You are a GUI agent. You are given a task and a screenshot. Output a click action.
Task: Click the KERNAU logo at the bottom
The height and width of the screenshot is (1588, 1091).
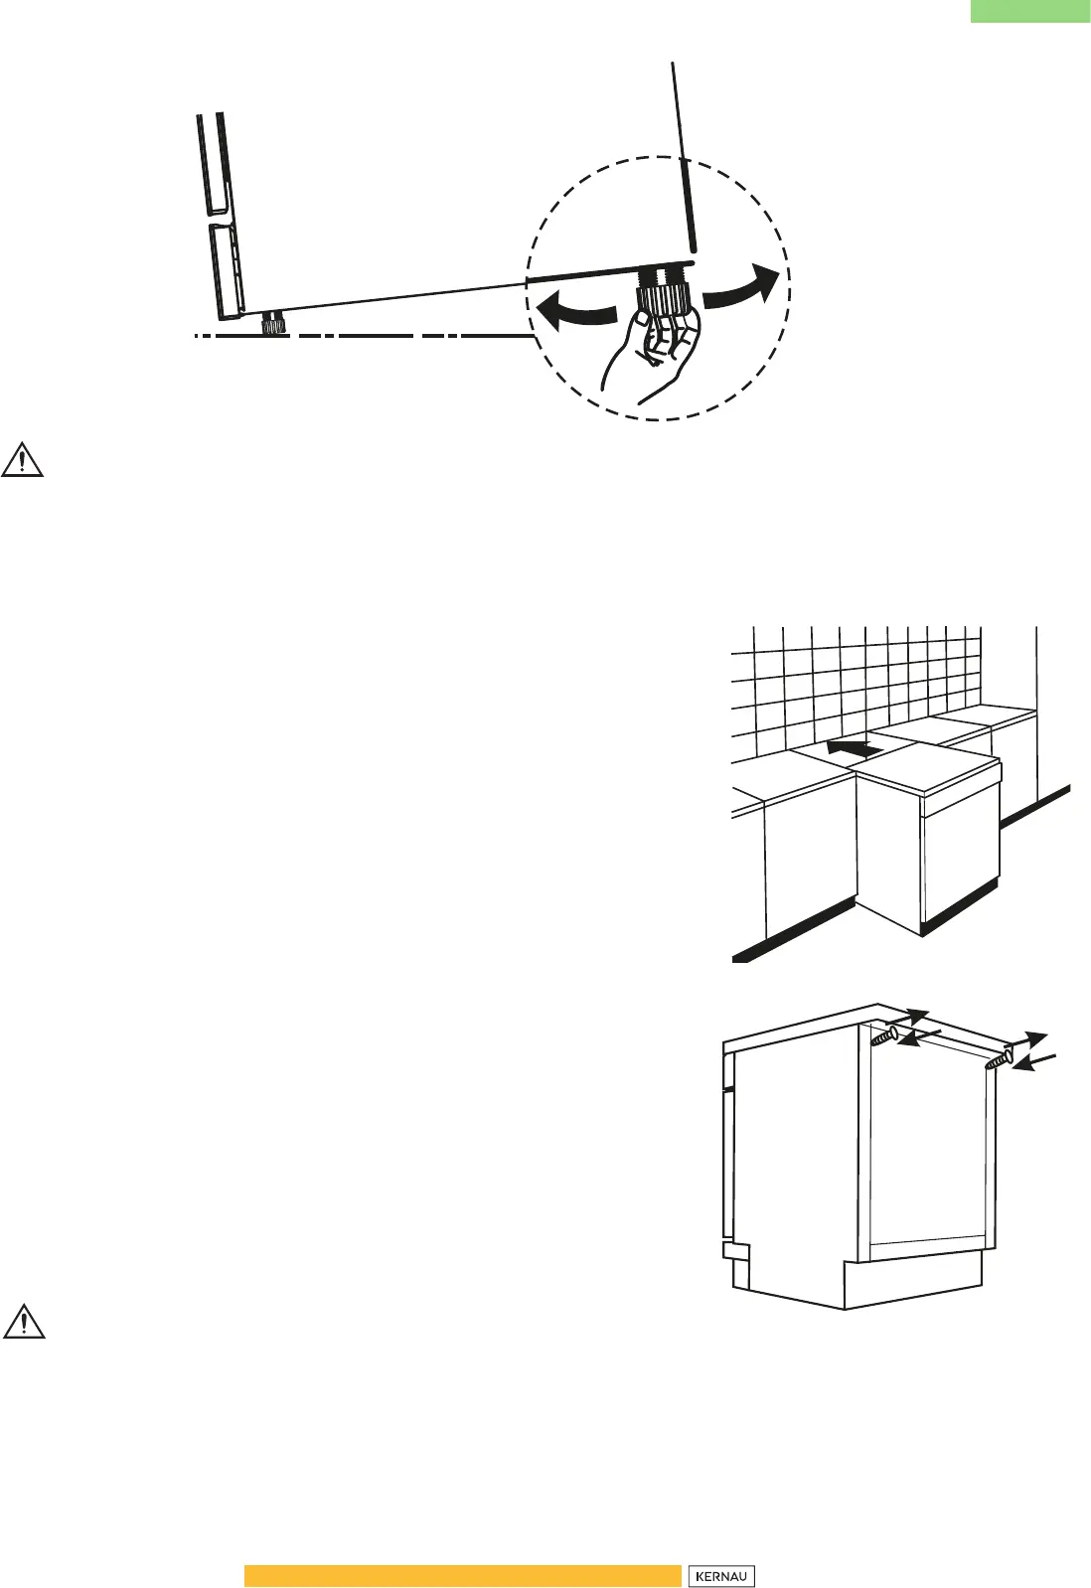click(x=720, y=1576)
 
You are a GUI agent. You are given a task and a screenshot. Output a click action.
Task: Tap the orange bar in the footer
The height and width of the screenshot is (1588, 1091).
click(x=462, y=1576)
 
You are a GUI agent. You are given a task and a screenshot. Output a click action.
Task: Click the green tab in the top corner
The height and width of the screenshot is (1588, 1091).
click(x=1029, y=11)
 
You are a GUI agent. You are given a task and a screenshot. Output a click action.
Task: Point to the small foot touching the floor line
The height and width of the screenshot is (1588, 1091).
click(x=273, y=324)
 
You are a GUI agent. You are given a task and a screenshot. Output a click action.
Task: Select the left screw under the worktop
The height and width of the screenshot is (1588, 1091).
click(x=883, y=1037)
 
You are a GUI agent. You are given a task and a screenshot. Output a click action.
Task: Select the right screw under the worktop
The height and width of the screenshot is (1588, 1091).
click(x=999, y=1059)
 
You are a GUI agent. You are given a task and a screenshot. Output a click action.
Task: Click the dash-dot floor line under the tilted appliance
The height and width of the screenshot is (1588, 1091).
click(x=397, y=337)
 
